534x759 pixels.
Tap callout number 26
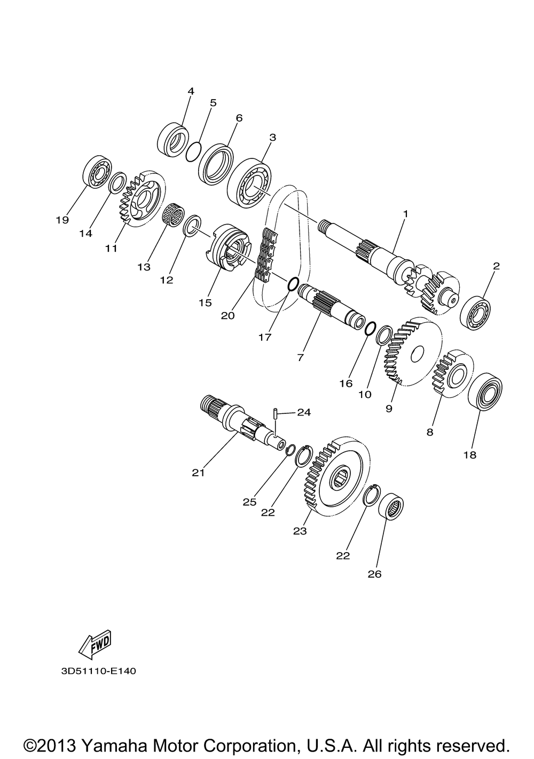[x=374, y=574]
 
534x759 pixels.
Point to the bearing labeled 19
[x=97, y=171]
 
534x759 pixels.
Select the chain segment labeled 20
[x=267, y=254]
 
